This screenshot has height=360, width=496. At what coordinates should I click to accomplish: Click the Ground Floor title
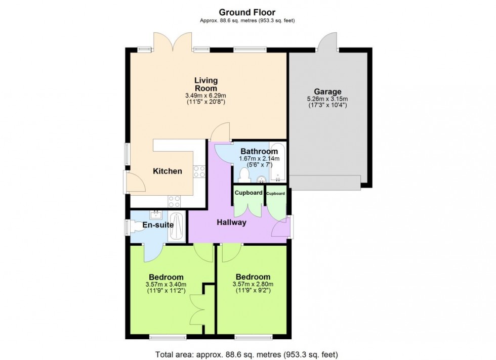coord(247,12)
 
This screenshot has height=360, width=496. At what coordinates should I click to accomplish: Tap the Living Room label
coord(206,84)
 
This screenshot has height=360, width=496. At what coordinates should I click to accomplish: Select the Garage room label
coord(327,92)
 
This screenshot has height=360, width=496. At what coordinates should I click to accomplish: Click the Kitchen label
coord(168,171)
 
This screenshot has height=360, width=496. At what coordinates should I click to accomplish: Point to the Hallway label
coord(232,222)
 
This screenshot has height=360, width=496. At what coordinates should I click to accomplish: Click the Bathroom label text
coord(259,151)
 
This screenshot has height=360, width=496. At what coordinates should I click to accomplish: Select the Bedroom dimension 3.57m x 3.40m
coord(166,284)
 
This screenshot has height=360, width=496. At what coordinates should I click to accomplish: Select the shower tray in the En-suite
coord(176,228)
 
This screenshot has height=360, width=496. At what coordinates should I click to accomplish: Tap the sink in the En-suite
coord(156,214)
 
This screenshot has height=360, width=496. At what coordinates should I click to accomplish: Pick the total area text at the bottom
coord(247,354)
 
